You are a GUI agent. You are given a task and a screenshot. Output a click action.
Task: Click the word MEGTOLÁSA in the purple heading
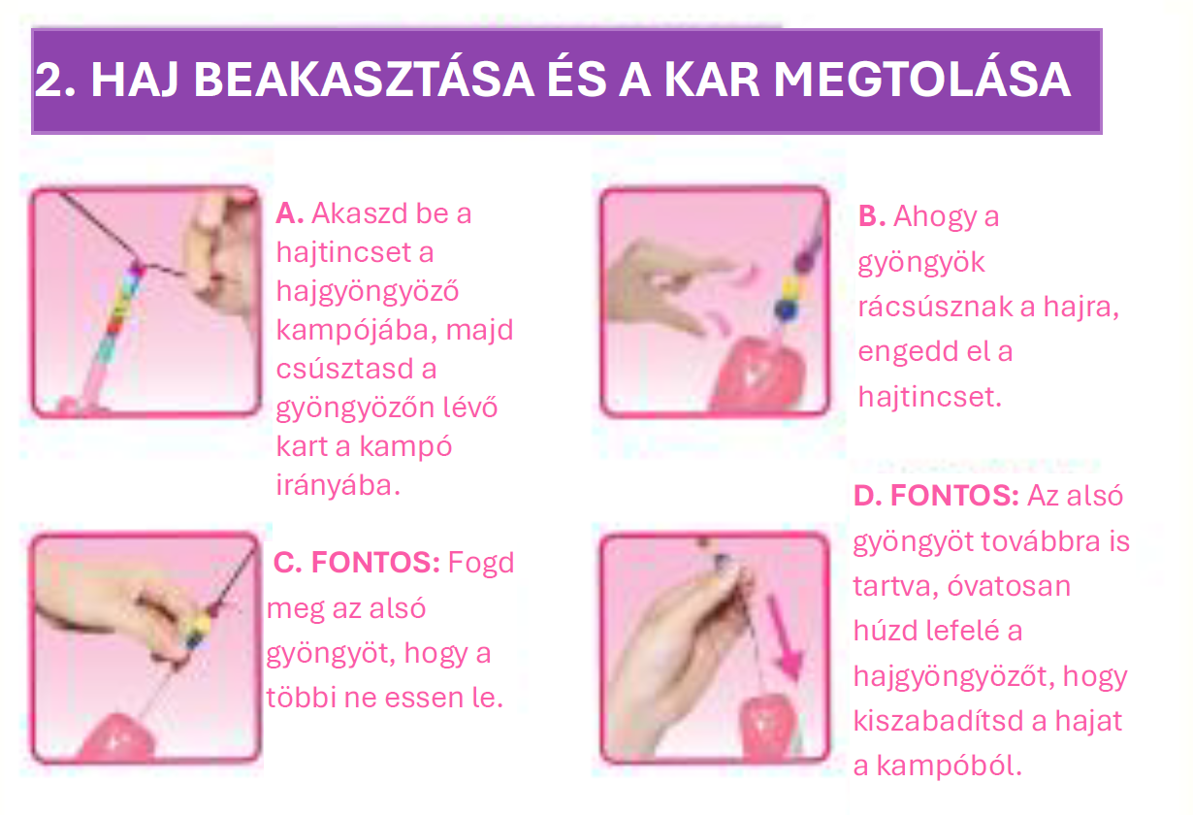click(921, 79)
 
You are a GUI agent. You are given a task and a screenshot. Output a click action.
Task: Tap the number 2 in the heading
click(48, 80)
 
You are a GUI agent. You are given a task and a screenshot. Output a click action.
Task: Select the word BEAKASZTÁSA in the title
click(363, 79)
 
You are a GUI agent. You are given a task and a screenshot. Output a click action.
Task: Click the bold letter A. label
click(290, 213)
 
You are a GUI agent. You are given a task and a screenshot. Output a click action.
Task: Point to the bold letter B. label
click(872, 216)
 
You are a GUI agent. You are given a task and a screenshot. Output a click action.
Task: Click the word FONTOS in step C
click(375, 563)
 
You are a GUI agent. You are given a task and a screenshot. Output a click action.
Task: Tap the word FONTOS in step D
click(954, 496)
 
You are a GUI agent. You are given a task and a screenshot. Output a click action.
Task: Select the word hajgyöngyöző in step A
click(368, 292)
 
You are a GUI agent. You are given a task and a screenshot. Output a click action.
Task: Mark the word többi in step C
click(301, 698)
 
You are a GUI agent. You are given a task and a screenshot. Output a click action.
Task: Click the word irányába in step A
click(338, 486)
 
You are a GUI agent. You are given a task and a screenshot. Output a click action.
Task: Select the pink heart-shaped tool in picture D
click(769, 726)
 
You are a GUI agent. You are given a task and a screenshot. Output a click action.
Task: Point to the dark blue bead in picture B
click(783, 310)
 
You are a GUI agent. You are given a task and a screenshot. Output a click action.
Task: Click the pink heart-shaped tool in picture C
click(118, 736)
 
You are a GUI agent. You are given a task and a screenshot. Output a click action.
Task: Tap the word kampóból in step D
click(949, 766)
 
